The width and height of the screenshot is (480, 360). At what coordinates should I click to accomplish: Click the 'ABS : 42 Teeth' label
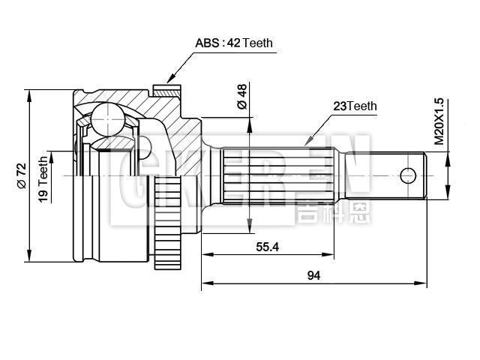pyautogui.click(x=234, y=43)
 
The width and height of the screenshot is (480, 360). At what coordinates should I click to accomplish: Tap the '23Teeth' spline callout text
pyautogui.click(x=355, y=106)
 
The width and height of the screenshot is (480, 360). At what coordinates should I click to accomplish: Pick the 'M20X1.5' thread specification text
pyautogui.click(x=439, y=121)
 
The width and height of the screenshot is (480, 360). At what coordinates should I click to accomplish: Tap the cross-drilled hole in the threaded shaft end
pyautogui.click(x=407, y=175)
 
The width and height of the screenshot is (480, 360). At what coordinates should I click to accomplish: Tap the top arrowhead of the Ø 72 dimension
pyautogui.click(x=29, y=94)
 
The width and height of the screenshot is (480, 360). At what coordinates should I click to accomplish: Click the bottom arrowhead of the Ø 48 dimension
pyautogui.click(x=248, y=227)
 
